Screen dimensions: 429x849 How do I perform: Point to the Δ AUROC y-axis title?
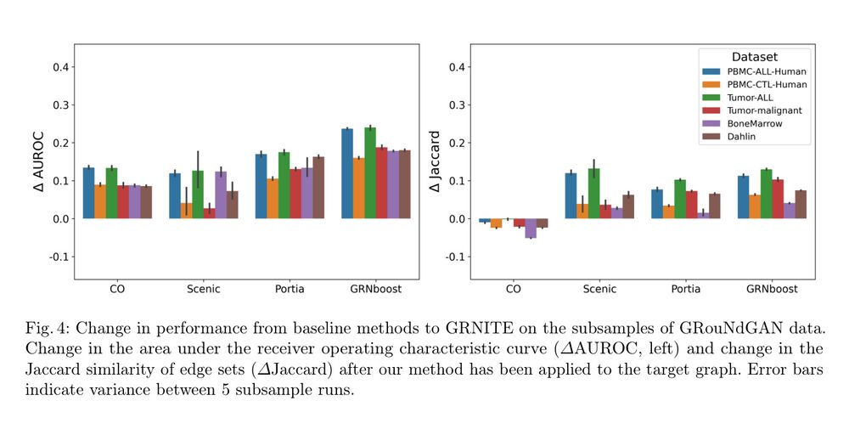[38, 161]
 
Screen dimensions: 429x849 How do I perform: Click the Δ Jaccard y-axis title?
[435, 161]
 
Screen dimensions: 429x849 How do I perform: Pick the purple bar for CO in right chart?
[531, 228]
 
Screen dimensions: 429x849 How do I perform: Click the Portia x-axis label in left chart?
[290, 289]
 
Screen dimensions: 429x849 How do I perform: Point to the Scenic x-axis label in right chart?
[600, 289]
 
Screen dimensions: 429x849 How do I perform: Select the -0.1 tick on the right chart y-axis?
[457, 257]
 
